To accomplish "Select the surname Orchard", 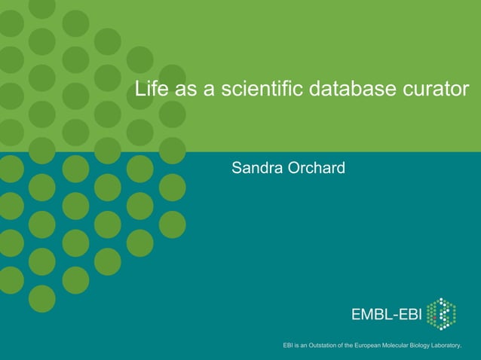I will click(316, 167).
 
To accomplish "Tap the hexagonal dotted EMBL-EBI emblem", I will click(441, 314).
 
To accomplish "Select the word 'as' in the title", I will click(185, 90).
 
